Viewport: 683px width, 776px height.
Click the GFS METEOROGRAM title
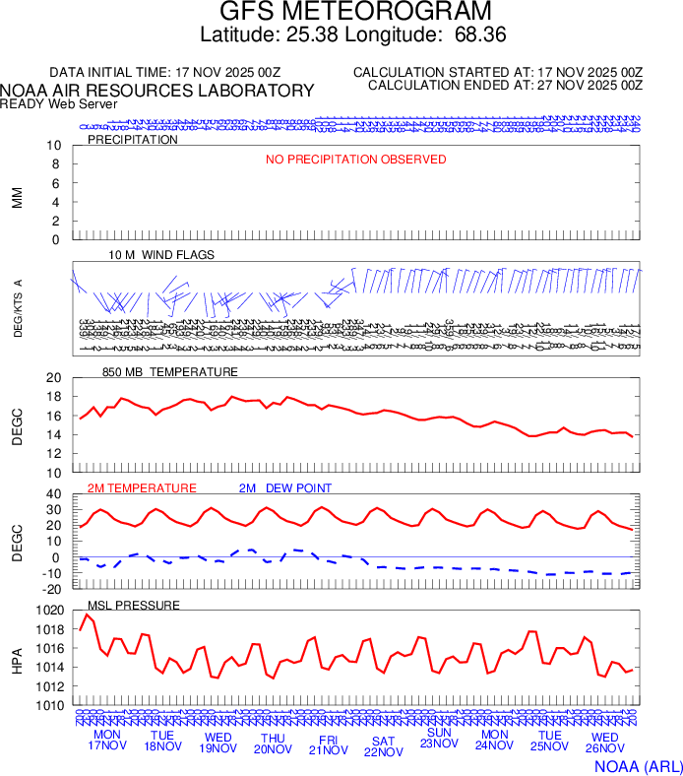[x=354, y=12]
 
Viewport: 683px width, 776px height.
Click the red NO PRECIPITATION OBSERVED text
[x=356, y=160]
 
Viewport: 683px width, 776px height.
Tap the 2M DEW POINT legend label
[x=285, y=488]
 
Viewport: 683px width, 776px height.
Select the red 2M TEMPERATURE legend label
[x=142, y=488]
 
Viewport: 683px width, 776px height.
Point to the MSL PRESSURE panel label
[x=134, y=605]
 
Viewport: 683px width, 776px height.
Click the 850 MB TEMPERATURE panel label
[x=170, y=372]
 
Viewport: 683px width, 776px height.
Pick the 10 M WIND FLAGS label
[x=161, y=255]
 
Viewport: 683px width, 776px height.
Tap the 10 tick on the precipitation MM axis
[x=54, y=146]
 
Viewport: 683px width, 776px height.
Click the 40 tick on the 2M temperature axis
[x=53, y=494]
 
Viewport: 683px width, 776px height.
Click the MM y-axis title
[x=17, y=196]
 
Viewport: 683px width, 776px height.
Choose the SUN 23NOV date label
[x=439, y=739]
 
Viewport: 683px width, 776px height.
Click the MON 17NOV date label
[x=106, y=741]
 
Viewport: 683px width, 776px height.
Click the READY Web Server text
[x=58, y=103]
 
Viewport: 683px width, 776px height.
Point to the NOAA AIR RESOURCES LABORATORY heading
[x=157, y=91]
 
